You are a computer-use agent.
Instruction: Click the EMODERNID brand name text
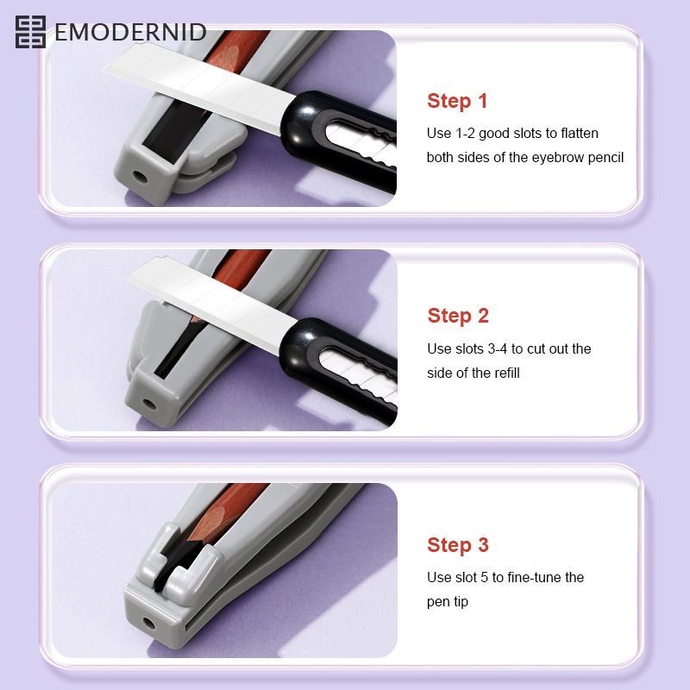tap(130, 32)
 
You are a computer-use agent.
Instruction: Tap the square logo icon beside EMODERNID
tap(30, 32)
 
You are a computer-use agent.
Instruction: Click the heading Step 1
tap(457, 101)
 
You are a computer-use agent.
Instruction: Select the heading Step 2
tap(458, 316)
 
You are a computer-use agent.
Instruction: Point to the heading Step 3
tap(458, 545)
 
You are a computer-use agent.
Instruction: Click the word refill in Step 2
tap(507, 373)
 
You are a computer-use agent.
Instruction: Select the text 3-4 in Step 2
tap(498, 349)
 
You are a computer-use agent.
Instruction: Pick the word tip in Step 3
tap(459, 601)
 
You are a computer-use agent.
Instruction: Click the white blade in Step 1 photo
tap(199, 87)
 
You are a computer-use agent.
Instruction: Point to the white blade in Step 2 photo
tap(212, 304)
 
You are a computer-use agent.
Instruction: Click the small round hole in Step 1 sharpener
tap(141, 177)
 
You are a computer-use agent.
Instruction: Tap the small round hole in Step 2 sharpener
tap(149, 404)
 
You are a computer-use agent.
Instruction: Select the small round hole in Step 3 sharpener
tap(149, 623)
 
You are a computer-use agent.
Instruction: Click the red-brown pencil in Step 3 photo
tap(223, 511)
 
